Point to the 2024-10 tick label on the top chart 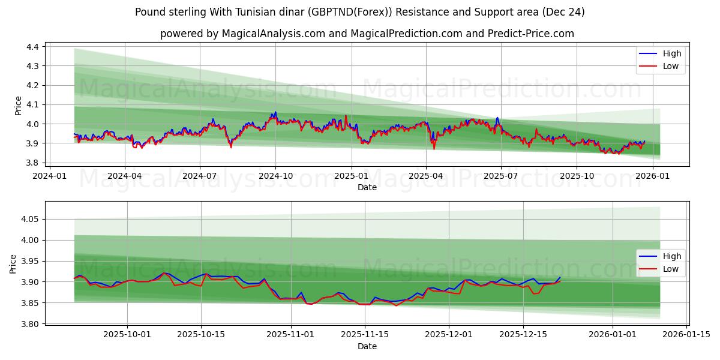tap(275, 176)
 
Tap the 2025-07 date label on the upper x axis tap(501, 176)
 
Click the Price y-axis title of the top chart tap(18, 105)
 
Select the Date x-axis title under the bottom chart tap(367, 346)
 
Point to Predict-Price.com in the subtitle tap(534, 34)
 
